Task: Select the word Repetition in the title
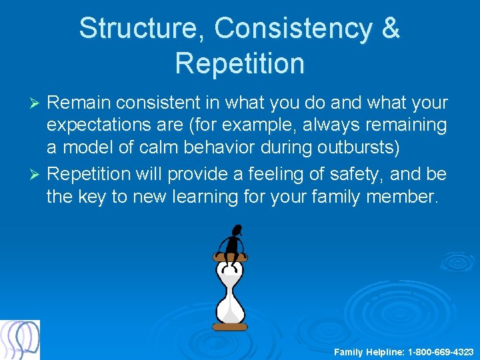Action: pos(239,63)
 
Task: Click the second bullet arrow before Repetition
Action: pos(37,175)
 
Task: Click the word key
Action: pos(93,197)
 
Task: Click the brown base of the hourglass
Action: pos(231,327)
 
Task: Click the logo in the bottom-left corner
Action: pos(20,340)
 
